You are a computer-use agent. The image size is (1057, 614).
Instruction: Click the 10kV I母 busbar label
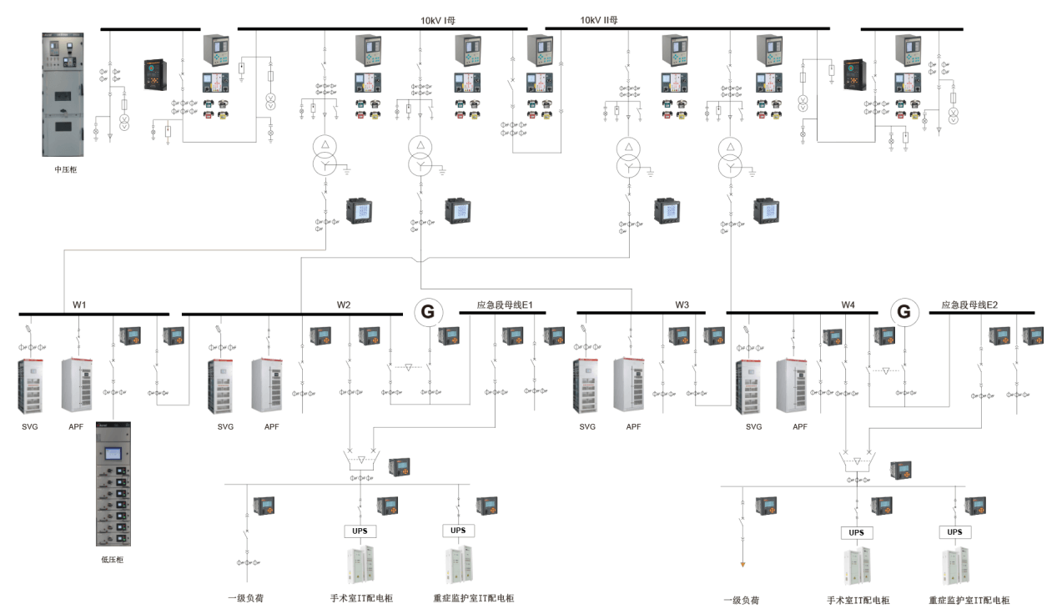[438, 20]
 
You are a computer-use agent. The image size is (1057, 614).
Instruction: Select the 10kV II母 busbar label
[598, 20]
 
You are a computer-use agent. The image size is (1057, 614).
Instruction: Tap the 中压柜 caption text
[66, 169]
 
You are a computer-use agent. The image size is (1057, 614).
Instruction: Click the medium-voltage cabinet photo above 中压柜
[65, 94]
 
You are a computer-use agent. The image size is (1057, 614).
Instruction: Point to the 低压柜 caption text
[112, 559]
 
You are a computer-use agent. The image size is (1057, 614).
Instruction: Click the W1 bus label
[79, 304]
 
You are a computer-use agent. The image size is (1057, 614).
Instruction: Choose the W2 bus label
[344, 304]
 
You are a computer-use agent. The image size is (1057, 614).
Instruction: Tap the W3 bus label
[682, 304]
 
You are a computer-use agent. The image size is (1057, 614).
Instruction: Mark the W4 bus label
[848, 304]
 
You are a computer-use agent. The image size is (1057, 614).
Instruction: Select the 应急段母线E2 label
[969, 304]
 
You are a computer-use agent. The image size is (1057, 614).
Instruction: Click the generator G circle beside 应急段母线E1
[428, 313]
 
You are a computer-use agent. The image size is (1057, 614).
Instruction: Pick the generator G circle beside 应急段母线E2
[903, 313]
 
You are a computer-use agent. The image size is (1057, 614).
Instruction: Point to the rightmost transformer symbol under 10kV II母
[731, 156]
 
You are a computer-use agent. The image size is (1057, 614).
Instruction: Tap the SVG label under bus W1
[30, 426]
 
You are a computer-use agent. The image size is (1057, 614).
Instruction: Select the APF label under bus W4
[800, 426]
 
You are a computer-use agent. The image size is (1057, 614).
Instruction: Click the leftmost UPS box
[360, 531]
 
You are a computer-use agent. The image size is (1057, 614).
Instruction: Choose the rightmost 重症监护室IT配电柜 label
[969, 600]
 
